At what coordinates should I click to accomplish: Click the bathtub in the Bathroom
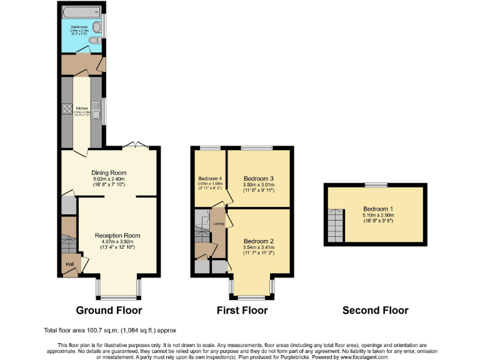click(79, 11)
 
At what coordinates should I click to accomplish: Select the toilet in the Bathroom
click(94, 40)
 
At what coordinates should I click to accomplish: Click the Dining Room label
click(109, 172)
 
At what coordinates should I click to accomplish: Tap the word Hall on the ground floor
click(69, 264)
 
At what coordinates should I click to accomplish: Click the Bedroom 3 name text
click(259, 178)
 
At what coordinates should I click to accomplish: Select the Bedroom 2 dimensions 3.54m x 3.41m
click(259, 248)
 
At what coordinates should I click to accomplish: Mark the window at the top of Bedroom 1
click(376, 184)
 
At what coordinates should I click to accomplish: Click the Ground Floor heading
click(109, 310)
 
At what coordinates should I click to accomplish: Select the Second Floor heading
click(375, 310)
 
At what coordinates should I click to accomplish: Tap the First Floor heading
click(242, 310)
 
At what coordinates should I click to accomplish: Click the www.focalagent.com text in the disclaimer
click(365, 357)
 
